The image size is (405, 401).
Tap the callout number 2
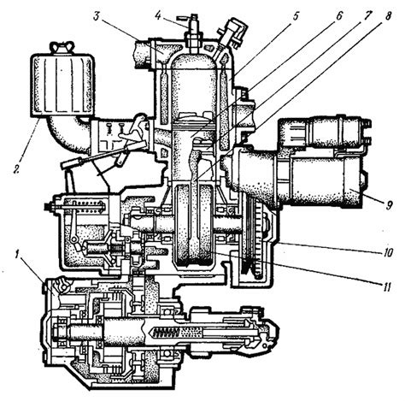tap(16, 168)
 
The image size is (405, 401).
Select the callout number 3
tap(97, 16)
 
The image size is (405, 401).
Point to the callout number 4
tap(159, 15)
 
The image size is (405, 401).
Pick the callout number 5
tap(295, 16)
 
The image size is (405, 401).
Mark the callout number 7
tap(368, 15)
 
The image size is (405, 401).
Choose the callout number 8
tap(388, 15)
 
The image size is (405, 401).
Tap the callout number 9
tap(389, 205)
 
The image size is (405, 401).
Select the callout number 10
tap(388, 252)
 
